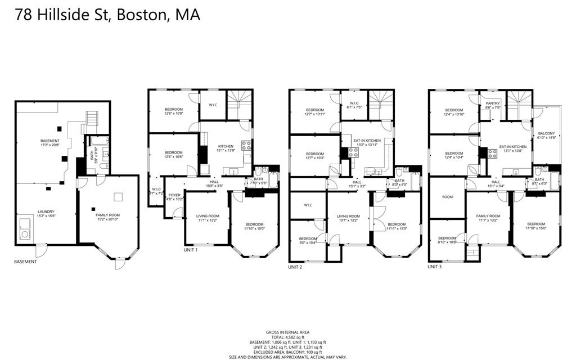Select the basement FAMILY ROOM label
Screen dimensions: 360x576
(x=107, y=215)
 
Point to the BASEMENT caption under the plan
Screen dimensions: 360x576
(x=26, y=262)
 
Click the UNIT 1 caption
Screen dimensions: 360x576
(x=191, y=250)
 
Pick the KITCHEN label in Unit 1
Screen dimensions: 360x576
(x=226, y=147)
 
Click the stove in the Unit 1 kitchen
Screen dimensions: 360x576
(x=246, y=145)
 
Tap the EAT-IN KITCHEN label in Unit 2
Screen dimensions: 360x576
(x=367, y=140)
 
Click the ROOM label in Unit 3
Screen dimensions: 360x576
(x=447, y=197)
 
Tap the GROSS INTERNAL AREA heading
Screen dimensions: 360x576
(x=287, y=332)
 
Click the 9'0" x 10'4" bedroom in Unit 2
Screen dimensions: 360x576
(x=307, y=240)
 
